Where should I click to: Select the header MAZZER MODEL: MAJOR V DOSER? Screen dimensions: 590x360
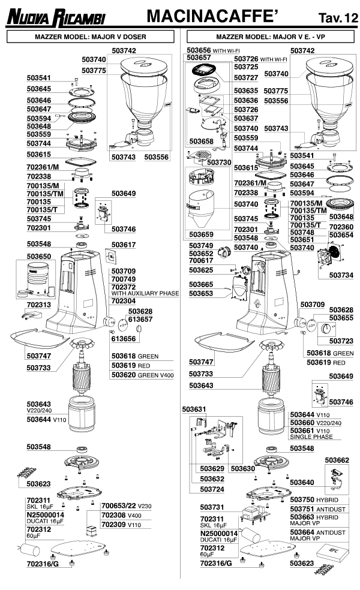tap(91, 37)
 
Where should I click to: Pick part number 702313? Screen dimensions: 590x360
tap(38, 304)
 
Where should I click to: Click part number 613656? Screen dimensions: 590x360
tap(123, 338)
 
